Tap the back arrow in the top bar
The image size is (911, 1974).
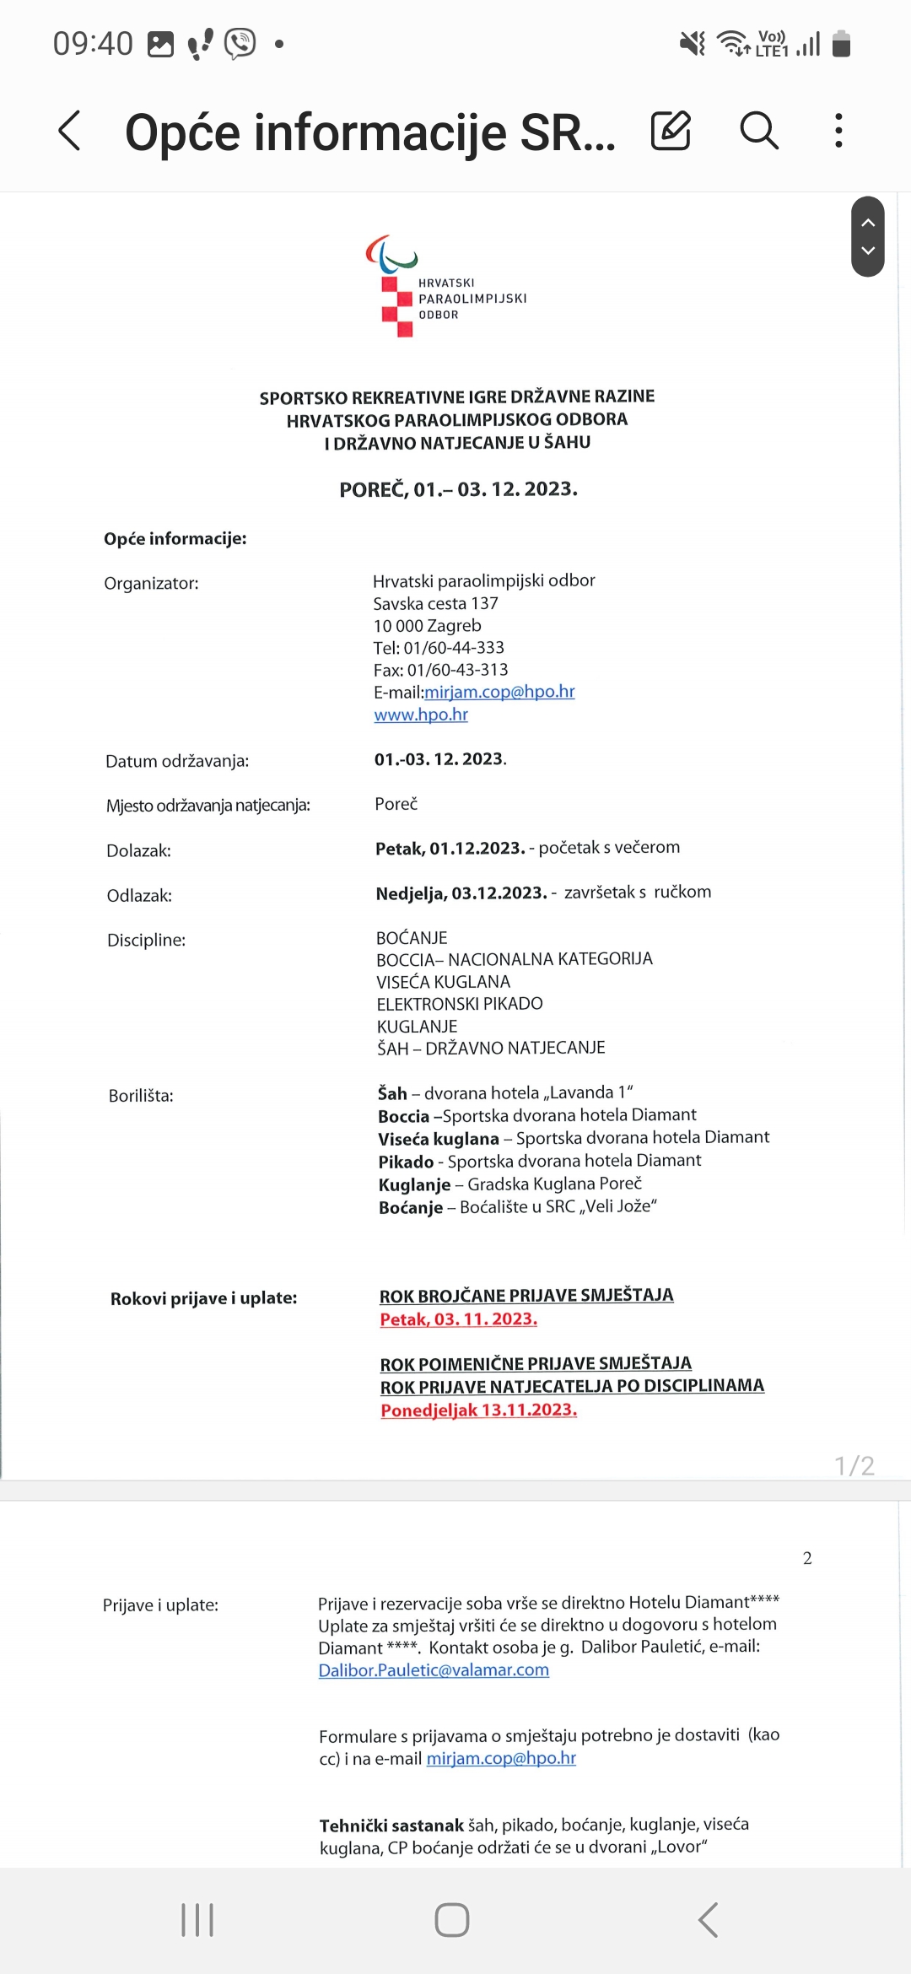70,132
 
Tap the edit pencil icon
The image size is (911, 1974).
671,131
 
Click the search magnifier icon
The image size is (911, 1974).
758,131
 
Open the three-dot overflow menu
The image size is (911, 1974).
838,131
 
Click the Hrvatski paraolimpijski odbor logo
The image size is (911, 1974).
446,286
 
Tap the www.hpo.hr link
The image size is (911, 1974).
421,715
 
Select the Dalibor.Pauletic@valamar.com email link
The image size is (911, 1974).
434,1670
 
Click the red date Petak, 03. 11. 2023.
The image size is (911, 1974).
458,1319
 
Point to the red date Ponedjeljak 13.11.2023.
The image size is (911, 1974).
478,1410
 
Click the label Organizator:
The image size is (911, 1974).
151,583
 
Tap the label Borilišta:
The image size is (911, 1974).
141,1096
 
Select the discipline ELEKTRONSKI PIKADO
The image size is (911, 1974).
460,1004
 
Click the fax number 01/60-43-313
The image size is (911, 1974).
457,670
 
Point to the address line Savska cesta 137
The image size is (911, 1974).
435,604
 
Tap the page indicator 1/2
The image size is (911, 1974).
854,1465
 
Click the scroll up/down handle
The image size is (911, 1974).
867,237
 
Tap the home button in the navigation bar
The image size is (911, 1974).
452,1920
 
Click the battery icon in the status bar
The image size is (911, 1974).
841,43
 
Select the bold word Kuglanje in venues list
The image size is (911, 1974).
414,1184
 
